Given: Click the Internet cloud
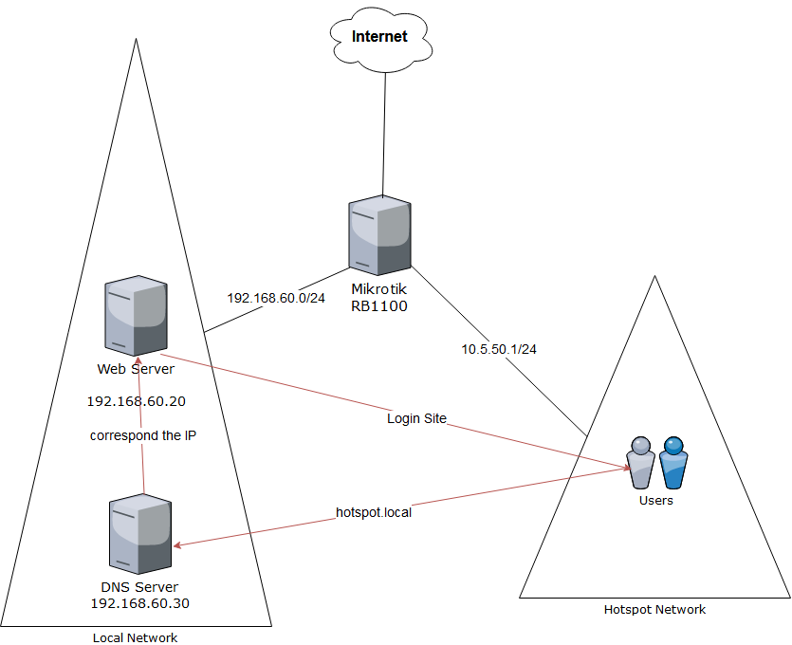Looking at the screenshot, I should click(379, 37).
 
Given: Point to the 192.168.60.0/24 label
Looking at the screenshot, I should click(276, 297).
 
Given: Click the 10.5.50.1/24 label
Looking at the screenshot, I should click(499, 349).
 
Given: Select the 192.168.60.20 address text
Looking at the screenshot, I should click(136, 401).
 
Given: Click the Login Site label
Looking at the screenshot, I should click(416, 417).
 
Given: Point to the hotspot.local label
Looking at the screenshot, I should click(374, 512).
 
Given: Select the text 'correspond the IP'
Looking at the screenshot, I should click(143, 436).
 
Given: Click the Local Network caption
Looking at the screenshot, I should click(135, 637).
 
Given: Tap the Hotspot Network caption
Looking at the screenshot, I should click(654, 610).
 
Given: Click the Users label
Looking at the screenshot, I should click(655, 500).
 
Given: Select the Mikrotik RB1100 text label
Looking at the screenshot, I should click(379, 297).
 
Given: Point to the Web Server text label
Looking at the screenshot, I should click(136, 368).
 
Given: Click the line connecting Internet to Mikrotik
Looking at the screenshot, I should click(382, 133).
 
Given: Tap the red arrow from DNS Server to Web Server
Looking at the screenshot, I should click(142, 465).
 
